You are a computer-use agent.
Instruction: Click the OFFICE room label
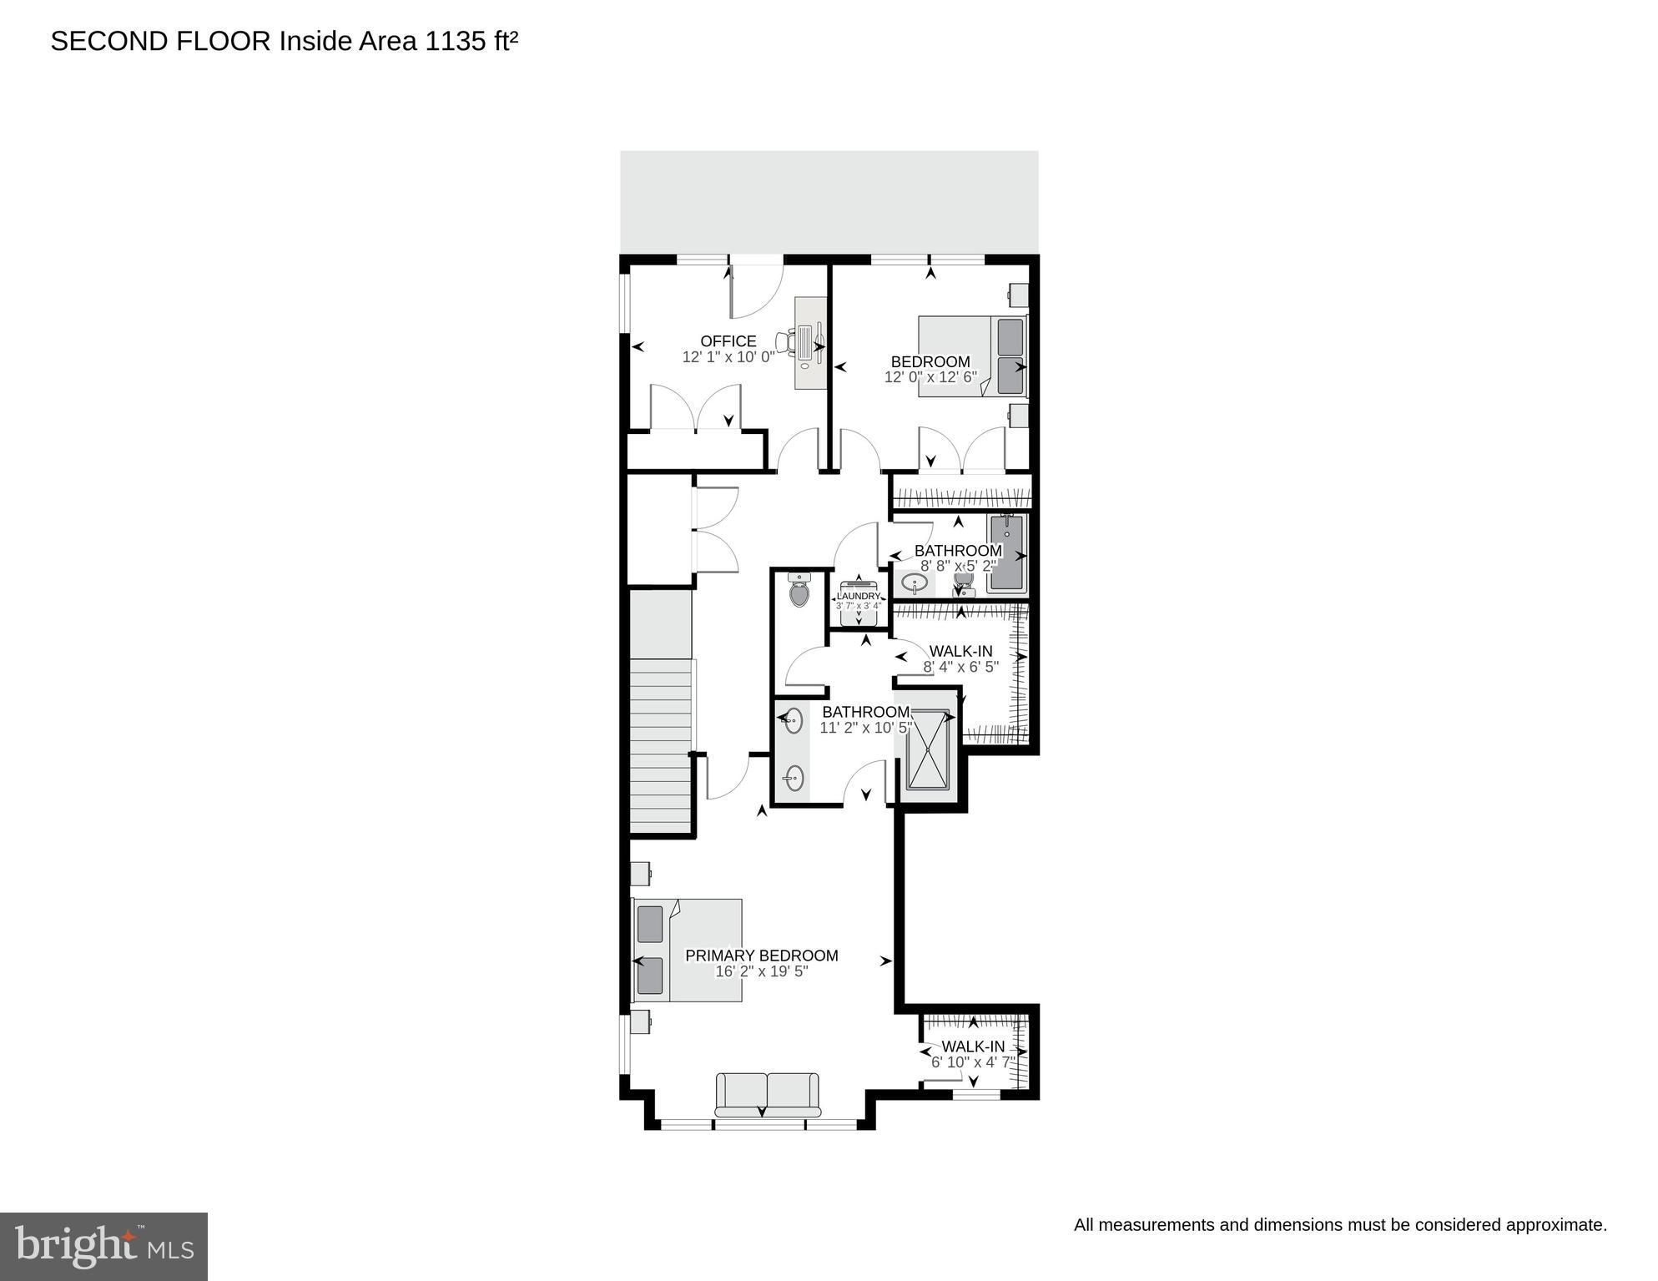point(728,341)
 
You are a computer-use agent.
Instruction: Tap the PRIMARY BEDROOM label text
point(761,956)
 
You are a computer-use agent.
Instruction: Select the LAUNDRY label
point(859,596)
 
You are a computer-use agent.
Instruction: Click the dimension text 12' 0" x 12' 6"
point(930,377)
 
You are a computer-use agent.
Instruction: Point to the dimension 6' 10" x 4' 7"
point(973,1062)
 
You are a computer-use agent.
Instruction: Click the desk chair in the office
point(785,341)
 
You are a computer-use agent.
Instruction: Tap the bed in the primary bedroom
point(689,951)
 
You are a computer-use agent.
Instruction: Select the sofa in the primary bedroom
point(767,1095)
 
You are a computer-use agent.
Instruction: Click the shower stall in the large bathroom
point(929,748)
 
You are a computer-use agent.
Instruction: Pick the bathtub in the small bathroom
point(1006,553)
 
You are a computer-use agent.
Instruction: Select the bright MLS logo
point(103,1246)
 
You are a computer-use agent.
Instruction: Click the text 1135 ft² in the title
point(471,41)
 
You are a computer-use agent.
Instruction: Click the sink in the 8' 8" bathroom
point(915,583)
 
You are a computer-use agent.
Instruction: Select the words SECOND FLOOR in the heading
point(160,41)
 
